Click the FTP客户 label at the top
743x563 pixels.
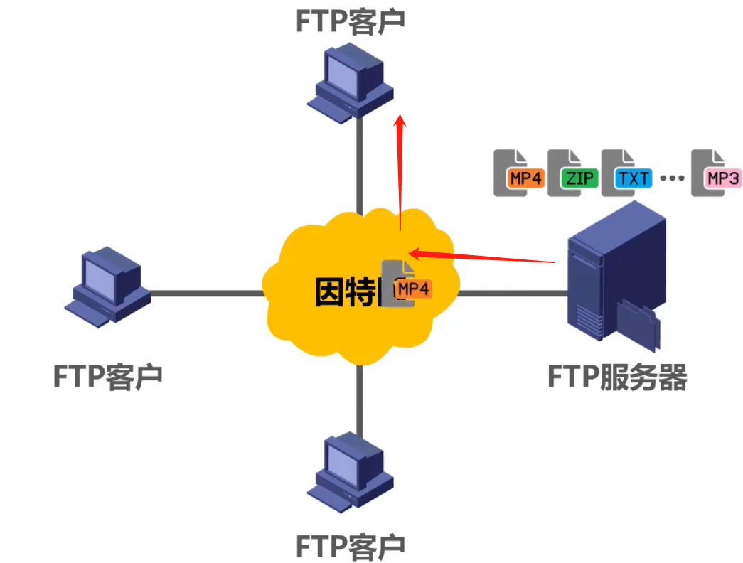[x=350, y=21]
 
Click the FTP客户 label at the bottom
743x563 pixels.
[x=350, y=546]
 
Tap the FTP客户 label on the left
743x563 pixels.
[x=108, y=375]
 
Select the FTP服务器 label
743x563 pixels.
[x=617, y=377]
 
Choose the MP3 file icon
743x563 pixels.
[x=715, y=173]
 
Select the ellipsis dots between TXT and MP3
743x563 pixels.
[x=671, y=178]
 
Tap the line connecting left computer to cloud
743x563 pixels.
[x=206, y=292]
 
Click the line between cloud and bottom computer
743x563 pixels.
[x=360, y=398]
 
